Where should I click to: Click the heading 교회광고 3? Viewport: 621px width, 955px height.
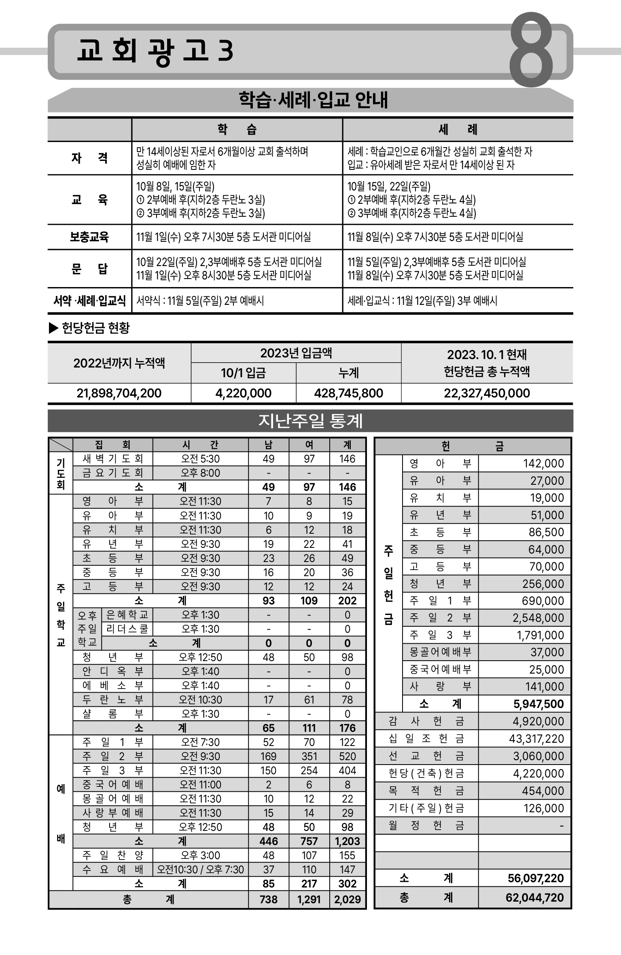pyautogui.click(x=155, y=51)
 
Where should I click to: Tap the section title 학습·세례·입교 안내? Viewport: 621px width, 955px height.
pyautogui.click(x=313, y=100)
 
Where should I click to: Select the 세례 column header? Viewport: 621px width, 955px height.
pyautogui.click(x=458, y=130)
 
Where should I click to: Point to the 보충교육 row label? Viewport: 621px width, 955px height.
pyautogui.click(x=89, y=237)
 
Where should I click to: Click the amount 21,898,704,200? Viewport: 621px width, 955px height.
pyautogui.click(x=119, y=393)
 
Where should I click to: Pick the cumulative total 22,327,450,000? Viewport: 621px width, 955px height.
pyautogui.click(x=487, y=393)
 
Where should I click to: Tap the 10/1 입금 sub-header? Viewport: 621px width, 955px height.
pyautogui.click(x=243, y=373)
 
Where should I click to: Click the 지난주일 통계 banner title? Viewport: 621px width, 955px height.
pyautogui.click(x=310, y=421)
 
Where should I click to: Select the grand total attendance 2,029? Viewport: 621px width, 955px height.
pyautogui.click(x=348, y=899)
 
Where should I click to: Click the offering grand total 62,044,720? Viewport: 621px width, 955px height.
pyautogui.click(x=534, y=898)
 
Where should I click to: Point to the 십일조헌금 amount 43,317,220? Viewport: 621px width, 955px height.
pyautogui.click(x=536, y=739)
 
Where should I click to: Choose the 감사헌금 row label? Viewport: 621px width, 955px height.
pyautogui.click(x=426, y=721)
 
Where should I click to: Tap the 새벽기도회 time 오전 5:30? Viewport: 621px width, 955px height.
pyautogui.click(x=200, y=459)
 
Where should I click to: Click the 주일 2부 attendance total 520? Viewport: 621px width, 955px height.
pyautogui.click(x=348, y=756)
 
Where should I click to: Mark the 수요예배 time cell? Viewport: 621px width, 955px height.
pyautogui.click(x=200, y=869)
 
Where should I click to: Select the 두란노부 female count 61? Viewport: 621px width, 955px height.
pyautogui.click(x=309, y=699)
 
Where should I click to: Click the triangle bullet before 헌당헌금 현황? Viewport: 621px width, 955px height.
pyautogui.click(x=53, y=328)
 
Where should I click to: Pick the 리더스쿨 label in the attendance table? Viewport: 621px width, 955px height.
pyautogui.click(x=127, y=629)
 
